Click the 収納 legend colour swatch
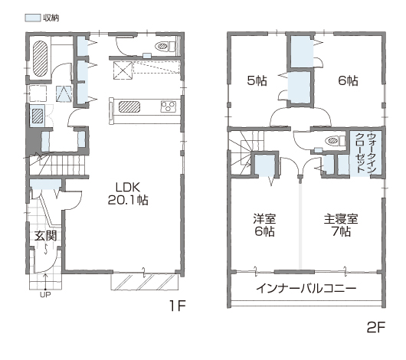(x=33, y=18)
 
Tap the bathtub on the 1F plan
(x=40, y=58)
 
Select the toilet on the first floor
(x=165, y=47)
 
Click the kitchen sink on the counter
(x=129, y=106)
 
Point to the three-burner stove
(x=169, y=106)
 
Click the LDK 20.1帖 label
(x=128, y=194)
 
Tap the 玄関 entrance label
(x=45, y=236)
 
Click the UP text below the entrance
(x=45, y=294)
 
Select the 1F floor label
(x=178, y=306)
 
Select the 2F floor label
(x=376, y=327)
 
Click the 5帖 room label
(x=257, y=80)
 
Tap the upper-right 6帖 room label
(x=349, y=80)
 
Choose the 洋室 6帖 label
(x=264, y=225)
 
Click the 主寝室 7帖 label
(x=341, y=225)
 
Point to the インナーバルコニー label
(x=306, y=288)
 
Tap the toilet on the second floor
(x=336, y=141)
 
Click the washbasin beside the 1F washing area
(x=38, y=116)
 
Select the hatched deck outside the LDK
(x=145, y=282)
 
